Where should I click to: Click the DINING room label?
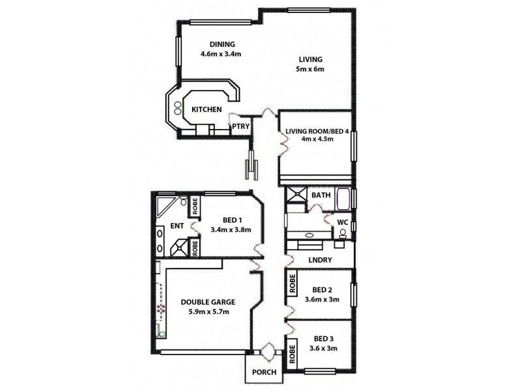click(x=213, y=44)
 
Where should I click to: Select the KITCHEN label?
click(x=206, y=109)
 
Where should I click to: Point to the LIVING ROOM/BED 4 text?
click(x=317, y=131)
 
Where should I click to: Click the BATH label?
click(x=320, y=195)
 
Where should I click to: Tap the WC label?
click(x=342, y=223)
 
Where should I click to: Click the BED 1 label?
click(x=231, y=220)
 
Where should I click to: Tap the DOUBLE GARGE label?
click(x=208, y=302)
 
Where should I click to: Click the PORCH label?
click(x=264, y=373)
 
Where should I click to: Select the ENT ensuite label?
click(x=176, y=226)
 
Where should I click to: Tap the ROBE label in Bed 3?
click(x=291, y=355)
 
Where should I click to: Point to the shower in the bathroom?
click(x=297, y=195)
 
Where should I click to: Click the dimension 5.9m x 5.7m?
click(x=208, y=311)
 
